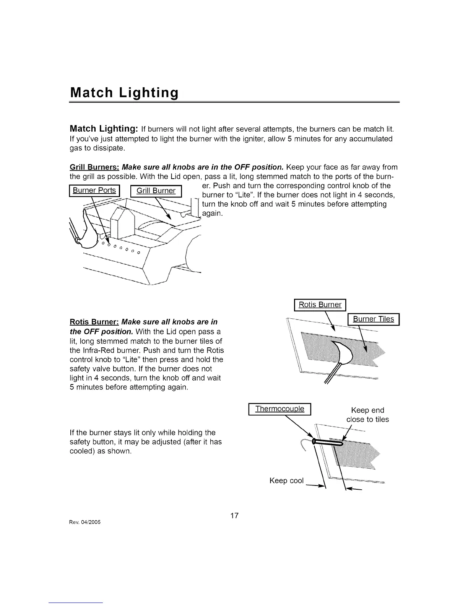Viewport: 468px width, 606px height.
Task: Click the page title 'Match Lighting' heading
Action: (x=124, y=93)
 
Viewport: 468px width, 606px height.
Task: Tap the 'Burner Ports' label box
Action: (x=94, y=191)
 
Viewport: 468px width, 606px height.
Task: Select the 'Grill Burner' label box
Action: (x=156, y=191)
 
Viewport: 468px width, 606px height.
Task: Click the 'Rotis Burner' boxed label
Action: (x=320, y=305)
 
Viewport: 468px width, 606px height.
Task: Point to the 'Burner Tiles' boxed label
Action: (x=373, y=319)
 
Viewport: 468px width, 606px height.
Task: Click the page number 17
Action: (x=234, y=515)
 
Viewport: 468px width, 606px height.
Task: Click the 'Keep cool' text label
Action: (x=286, y=481)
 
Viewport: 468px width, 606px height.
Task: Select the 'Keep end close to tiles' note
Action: (x=367, y=415)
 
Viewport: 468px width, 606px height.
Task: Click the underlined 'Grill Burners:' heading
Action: (x=94, y=167)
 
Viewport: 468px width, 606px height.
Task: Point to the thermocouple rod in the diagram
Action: (x=327, y=442)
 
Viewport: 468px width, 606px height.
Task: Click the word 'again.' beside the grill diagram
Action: (x=212, y=213)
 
